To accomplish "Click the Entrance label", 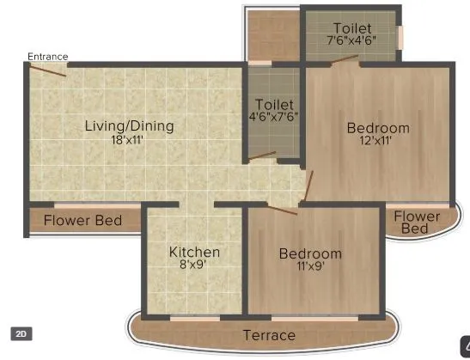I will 47,57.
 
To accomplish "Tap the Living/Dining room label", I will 129,126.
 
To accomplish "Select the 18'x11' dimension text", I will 129,140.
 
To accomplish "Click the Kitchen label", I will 194,252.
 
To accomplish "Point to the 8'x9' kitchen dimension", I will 194,265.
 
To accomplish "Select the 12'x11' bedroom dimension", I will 378,142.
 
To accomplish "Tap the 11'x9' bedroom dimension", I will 310,266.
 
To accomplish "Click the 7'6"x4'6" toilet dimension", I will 352,40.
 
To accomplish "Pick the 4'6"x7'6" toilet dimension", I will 274,117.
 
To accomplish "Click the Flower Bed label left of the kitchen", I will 83,220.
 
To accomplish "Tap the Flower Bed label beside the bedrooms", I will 416,223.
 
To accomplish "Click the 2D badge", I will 21,333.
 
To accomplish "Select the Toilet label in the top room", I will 352,27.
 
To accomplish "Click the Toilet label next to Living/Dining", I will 274,104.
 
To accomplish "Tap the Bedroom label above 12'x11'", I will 378,129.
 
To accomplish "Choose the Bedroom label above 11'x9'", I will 310,253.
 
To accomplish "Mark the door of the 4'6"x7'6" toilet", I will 262,157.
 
